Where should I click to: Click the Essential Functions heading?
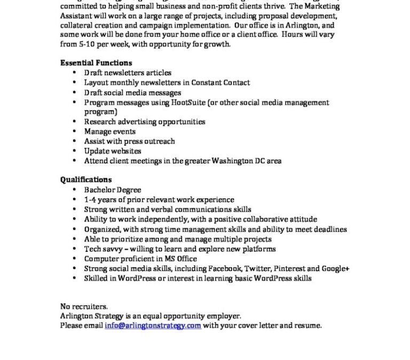96,63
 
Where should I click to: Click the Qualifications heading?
86,180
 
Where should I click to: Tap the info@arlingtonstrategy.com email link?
153,325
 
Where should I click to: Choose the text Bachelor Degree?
113,190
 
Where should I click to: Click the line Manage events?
110,131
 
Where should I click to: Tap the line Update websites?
113,151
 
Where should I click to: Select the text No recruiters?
84,306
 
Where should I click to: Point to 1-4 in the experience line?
90,199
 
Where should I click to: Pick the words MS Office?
181,259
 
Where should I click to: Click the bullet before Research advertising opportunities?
74,122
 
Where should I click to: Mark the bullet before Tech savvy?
74,249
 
